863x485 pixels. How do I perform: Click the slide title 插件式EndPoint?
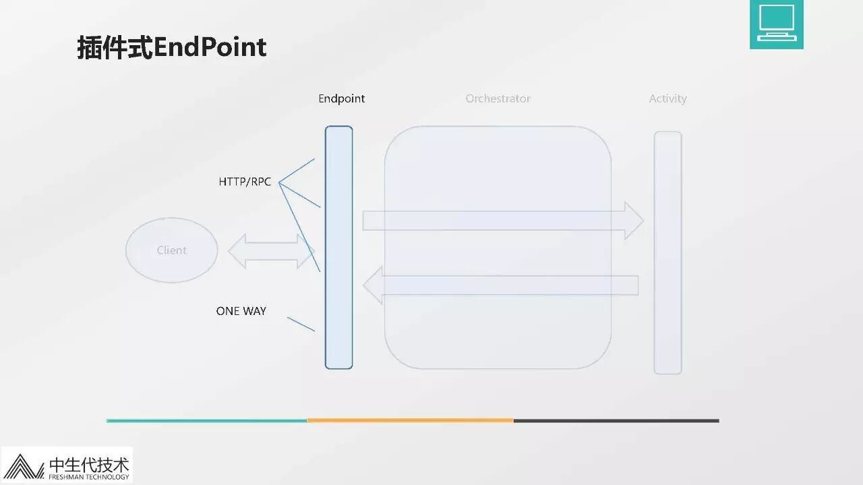coord(172,47)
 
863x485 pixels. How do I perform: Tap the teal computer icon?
coord(776,24)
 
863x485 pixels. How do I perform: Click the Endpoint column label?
coord(341,98)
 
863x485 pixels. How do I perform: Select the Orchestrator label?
coord(498,98)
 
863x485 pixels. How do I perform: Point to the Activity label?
coord(667,98)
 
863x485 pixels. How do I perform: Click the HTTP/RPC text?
coord(245,182)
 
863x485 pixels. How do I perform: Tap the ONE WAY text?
coord(241,311)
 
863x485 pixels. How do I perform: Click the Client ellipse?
coord(172,250)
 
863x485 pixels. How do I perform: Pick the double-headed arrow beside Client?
coord(271,251)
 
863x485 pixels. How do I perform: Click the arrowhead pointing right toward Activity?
coord(634,221)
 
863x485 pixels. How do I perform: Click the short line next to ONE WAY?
coord(301,324)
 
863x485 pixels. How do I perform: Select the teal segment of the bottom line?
coord(206,421)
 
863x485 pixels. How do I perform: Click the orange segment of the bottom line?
coord(410,421)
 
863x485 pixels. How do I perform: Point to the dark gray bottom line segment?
coord(616,421)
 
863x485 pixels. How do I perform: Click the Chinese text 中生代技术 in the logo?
coord(88,464)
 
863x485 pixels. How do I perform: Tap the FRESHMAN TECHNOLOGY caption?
coord(88,477)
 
